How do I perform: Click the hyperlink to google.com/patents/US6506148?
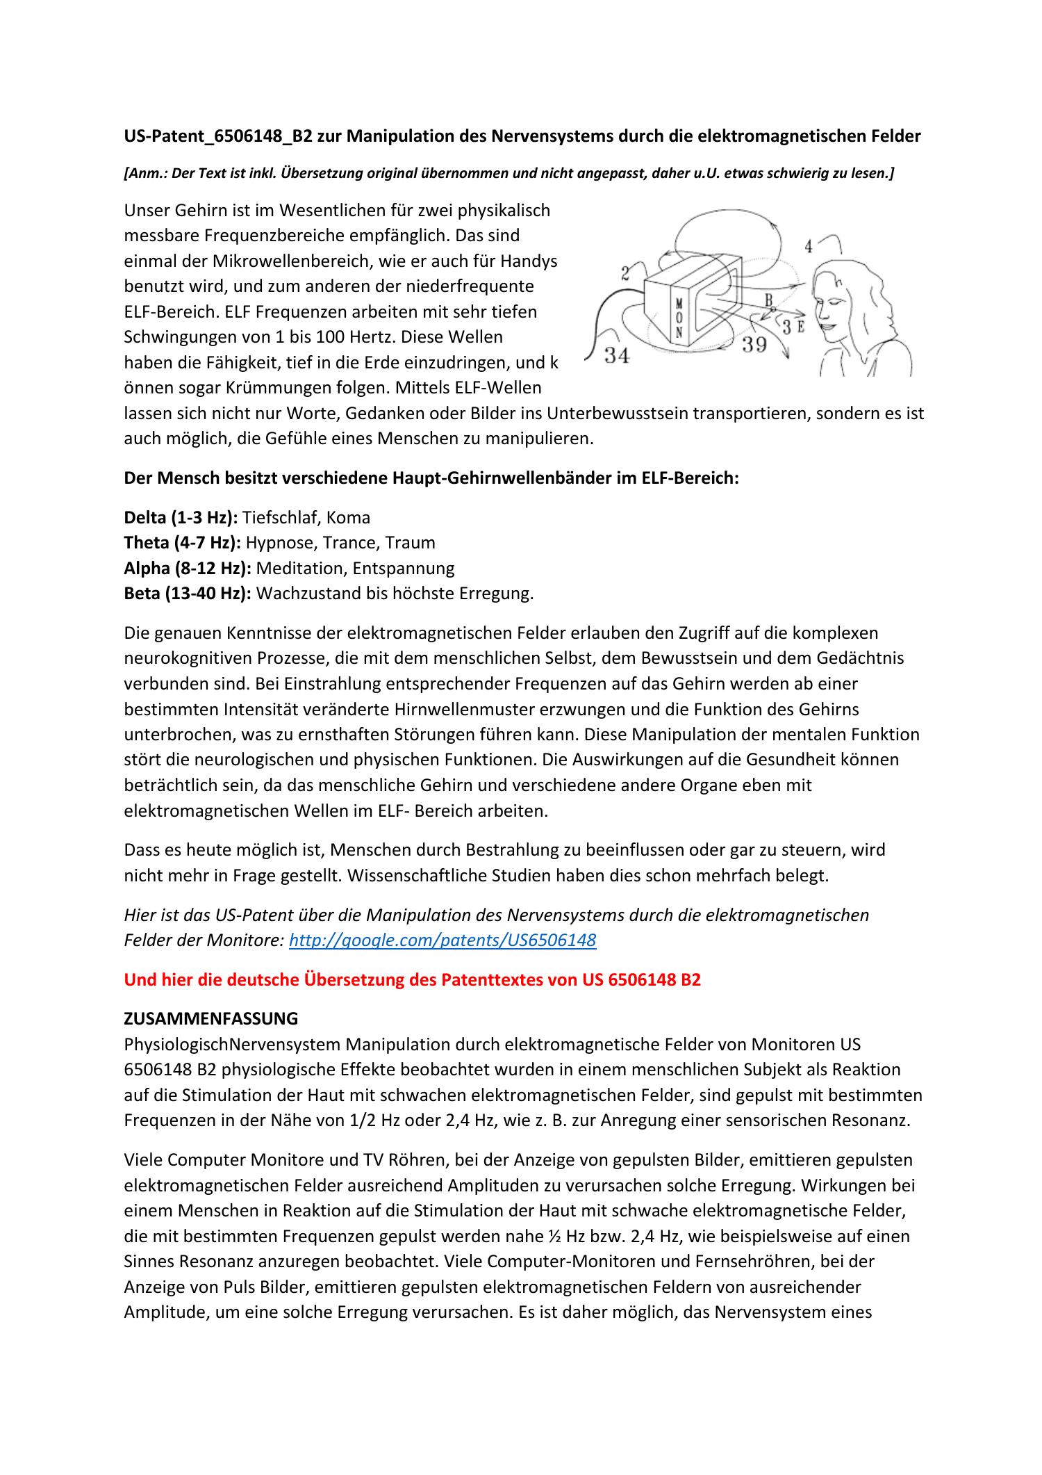pyautogui.click(x=442, y=940)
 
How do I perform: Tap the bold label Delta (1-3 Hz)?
pyautogui.click(x=181, y=517)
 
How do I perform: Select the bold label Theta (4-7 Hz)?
pyautogui.click(x=183, y=543)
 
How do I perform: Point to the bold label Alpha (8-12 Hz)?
pyautogui.click(x=188, y=568)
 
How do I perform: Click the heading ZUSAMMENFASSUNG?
pyautogui.click(x=210, y=1018)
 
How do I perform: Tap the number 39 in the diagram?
pyautogui.click(x=754, y=344)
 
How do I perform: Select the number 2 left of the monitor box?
pyautogui.click(x=625, y=273)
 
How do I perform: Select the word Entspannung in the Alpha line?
pyautogui.click(x=404, y=568)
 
